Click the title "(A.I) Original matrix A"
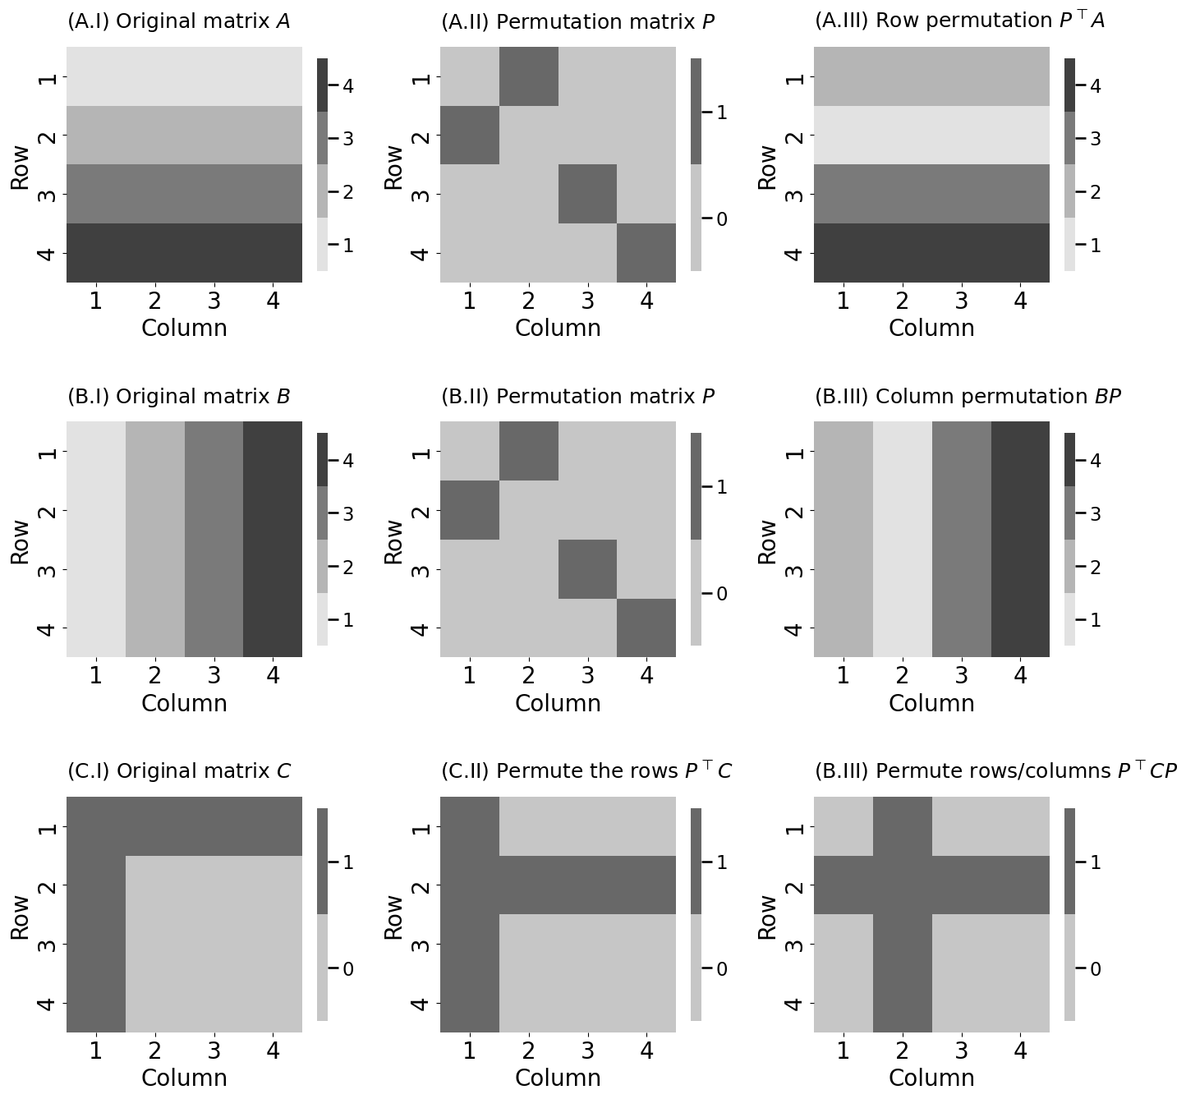click(x=178, y=21)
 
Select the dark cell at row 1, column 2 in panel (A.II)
click(x=529, y=76)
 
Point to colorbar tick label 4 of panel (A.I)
click(x=348, y=85)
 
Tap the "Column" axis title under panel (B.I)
click(x=184, y=703)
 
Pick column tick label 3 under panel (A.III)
click(x=961, y=301)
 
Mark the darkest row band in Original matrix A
click(x=184, y=252)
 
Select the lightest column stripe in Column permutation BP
click(x=902, y=539)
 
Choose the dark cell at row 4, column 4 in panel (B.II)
click(x=646, y=628)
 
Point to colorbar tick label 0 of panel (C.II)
click(x=722, y=969)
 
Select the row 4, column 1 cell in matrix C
click(x=96, y=1002)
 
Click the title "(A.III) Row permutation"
click(x=959, y=21)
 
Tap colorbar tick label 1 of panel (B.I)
click(x=348, y=620)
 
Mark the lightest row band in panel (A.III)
click(x=931, y=136)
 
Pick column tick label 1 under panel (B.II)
click(x=469, y=676)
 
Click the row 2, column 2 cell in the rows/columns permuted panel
click(x=902, y=885)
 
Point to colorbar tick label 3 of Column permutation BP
click(x=1096, y=514)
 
